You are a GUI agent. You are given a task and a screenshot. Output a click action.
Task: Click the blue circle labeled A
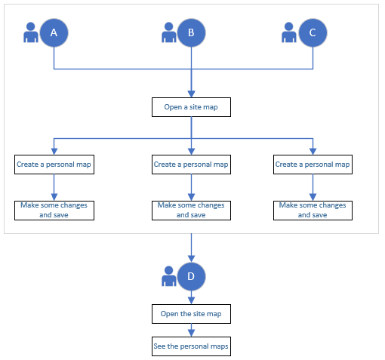click(54, 32)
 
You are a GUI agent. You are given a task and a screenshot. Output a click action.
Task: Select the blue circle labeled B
click(191, 32)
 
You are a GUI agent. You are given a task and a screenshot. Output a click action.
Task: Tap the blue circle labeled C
click(313, 32)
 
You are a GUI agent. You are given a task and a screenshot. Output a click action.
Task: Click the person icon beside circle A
click(31, 33)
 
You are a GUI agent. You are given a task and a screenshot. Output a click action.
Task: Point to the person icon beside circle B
click(169, 33)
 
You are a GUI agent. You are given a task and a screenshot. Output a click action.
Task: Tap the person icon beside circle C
click(289, 33)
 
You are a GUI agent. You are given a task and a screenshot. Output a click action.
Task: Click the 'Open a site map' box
click(191, 107)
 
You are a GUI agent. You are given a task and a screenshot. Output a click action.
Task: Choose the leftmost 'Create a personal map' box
click(54, 165)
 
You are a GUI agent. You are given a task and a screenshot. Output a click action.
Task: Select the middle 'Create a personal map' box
click(191, 165)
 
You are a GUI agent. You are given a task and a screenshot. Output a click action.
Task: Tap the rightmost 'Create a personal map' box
click(313, 165)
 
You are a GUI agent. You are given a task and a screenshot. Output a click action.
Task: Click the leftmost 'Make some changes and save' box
click(54, 210)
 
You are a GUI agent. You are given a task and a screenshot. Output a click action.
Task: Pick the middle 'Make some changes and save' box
click(191, 210)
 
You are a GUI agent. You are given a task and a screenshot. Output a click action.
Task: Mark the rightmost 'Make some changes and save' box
click(313, 210)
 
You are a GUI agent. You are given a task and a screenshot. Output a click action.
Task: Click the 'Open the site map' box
click(191, 312)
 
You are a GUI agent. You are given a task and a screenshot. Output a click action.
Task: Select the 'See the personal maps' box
click(191, 346)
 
